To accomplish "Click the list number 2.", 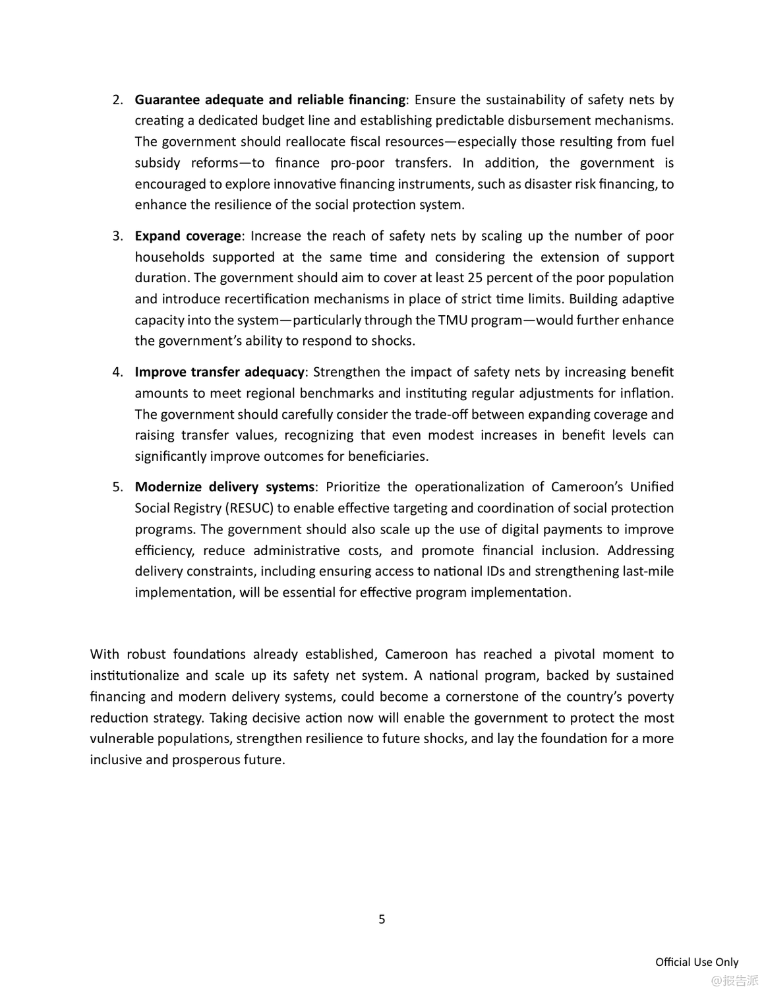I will [117, 100].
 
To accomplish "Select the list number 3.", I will [117, 236].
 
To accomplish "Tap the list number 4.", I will [117, 373].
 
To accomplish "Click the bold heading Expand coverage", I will [188, 236].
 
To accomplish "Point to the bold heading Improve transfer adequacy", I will [220, 373].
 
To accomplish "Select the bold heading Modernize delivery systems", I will [225, 487].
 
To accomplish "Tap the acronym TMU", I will [452, 320].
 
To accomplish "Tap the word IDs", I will [504, 572].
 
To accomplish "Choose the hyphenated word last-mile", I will [648, 572].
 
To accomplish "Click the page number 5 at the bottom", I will [382, 919].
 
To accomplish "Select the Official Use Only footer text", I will [697, 962].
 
